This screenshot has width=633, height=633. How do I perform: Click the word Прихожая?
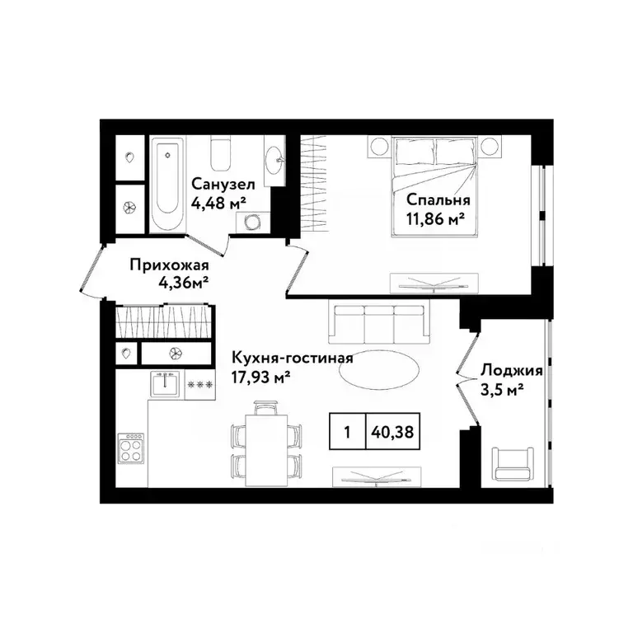pos(168,265)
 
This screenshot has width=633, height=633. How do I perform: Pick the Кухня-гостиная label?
pos(293,359)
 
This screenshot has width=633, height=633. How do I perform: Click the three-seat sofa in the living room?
pos(379,322)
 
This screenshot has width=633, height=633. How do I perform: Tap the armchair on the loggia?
pos(513,461)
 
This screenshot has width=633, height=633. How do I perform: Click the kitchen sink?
pos(166,383)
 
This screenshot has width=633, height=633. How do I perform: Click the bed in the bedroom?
pos(434,185)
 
